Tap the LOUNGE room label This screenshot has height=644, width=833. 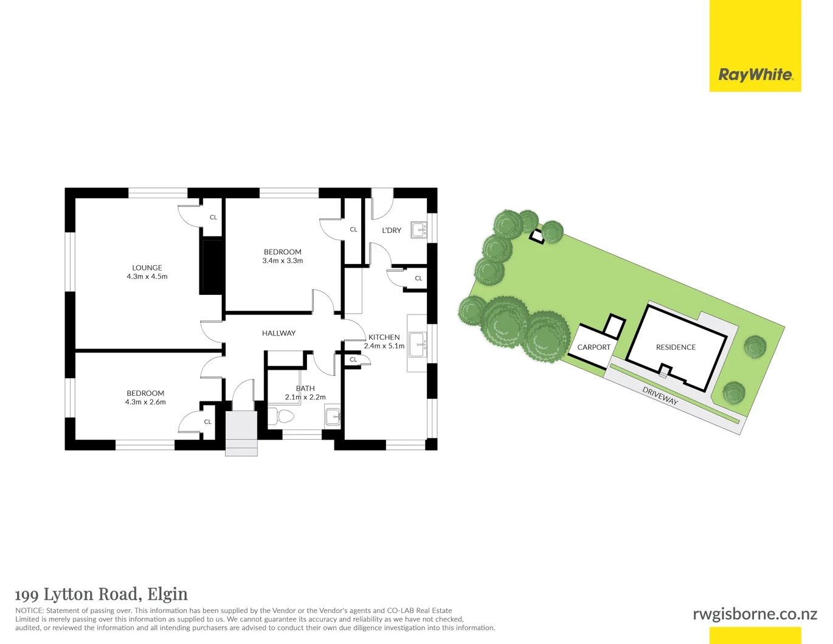point(147,268)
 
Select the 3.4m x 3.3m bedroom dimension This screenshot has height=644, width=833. point(283,261)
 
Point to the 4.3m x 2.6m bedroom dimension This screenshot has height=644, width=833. point(145,402)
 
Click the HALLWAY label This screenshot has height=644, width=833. point(278,333)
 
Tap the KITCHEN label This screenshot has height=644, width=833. point(384,338)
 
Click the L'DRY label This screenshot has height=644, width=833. point(392,230)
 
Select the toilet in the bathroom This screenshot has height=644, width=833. point(280,417)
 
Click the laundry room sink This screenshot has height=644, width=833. point(418,230)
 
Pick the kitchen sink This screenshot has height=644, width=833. point(418,345)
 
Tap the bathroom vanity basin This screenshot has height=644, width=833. point(333,417)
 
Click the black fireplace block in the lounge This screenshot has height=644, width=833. point(211,267)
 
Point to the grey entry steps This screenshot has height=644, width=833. point(241,434)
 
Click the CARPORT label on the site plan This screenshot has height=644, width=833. point(594,347)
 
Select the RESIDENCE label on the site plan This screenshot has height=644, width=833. point(676,347)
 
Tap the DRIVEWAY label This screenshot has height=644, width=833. point(660,396)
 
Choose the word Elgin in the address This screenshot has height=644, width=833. point(168,595)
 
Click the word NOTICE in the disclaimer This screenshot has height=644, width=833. point(29,611)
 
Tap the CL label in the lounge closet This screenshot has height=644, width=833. point(213,217)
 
